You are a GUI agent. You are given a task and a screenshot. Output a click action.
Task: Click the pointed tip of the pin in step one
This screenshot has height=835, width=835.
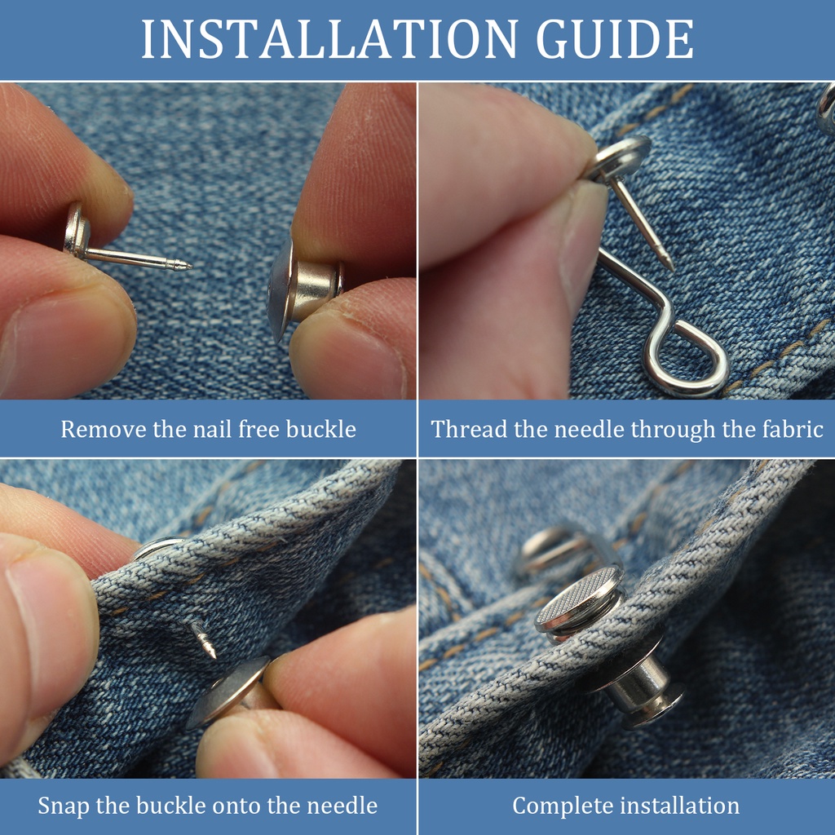pyautogui.click(x=188, y=265)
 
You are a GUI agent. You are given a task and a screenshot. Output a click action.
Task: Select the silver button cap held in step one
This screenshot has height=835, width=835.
pyautogui.click(x=305, y=288)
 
